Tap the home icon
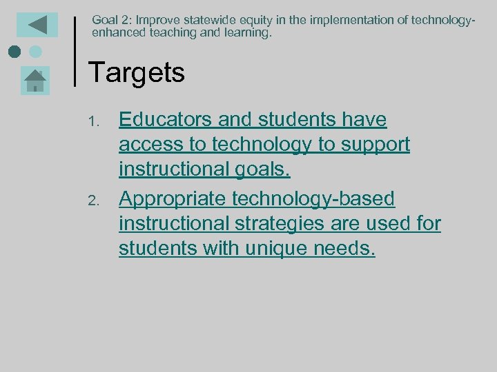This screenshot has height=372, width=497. click(x=35, y=80)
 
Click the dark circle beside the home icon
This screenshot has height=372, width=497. click(x=14, y=52)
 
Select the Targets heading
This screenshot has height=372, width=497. click(x=137, y=72)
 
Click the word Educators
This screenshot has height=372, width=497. click(x=166, y=120)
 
